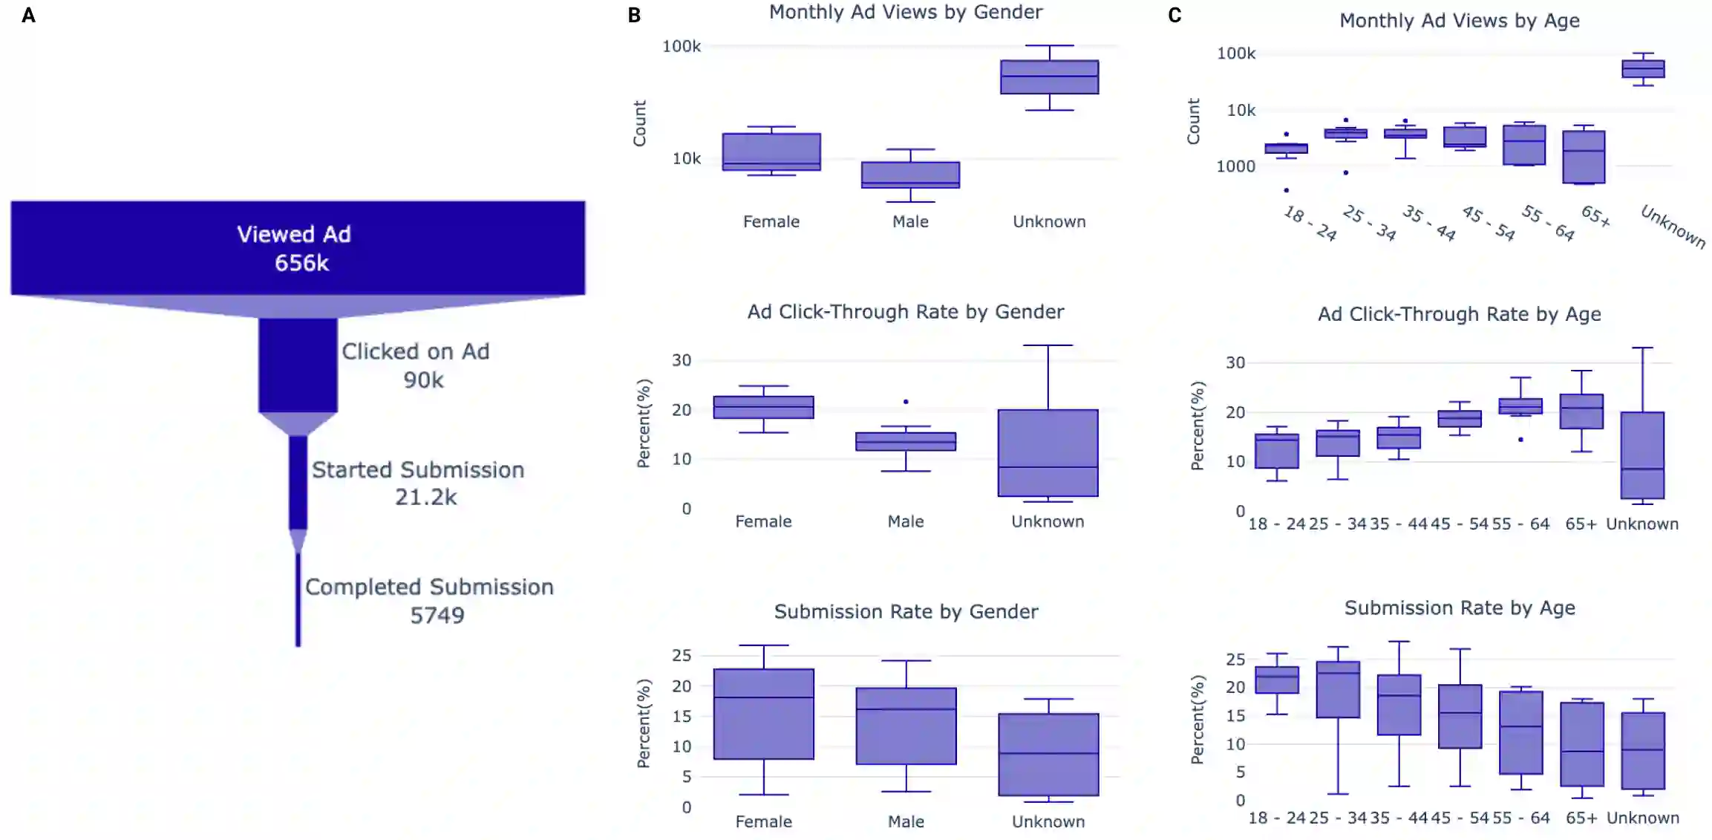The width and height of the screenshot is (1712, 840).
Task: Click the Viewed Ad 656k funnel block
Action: (298, 247)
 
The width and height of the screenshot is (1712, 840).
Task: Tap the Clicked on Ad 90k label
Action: (416, 365)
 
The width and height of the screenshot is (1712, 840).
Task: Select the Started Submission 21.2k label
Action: (418, 483)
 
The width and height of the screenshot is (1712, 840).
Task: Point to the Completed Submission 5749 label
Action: (429, 600)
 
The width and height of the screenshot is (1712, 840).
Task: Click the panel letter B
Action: (634, 16)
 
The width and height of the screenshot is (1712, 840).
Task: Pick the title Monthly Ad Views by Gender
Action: (906, 13)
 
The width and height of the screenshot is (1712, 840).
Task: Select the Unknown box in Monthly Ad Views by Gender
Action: (1049, 77)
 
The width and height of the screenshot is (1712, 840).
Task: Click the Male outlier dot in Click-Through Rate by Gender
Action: (906, 402)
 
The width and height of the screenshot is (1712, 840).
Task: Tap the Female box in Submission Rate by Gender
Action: (763, 714)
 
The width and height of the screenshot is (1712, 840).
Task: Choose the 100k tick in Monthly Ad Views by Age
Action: (1236, 53)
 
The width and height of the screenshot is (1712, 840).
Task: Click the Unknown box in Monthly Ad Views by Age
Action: (1643, 69)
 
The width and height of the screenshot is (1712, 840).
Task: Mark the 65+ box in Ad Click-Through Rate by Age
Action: (1581, 411)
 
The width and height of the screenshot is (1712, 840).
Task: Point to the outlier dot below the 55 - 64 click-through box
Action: (1520, 440)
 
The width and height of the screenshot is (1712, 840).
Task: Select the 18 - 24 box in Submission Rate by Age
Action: (1277, 680)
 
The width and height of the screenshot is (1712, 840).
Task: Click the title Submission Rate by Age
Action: (1460, 608)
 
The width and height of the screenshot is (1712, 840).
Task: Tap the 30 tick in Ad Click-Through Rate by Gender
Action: (682, 361)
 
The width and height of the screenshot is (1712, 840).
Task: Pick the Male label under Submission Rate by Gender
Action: (906, 821)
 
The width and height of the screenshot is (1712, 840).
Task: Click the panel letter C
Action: (1174, 16)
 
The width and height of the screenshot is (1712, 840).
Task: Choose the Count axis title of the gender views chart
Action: (639, 123)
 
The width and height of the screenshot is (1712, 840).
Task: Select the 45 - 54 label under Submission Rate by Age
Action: (1460, 818)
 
